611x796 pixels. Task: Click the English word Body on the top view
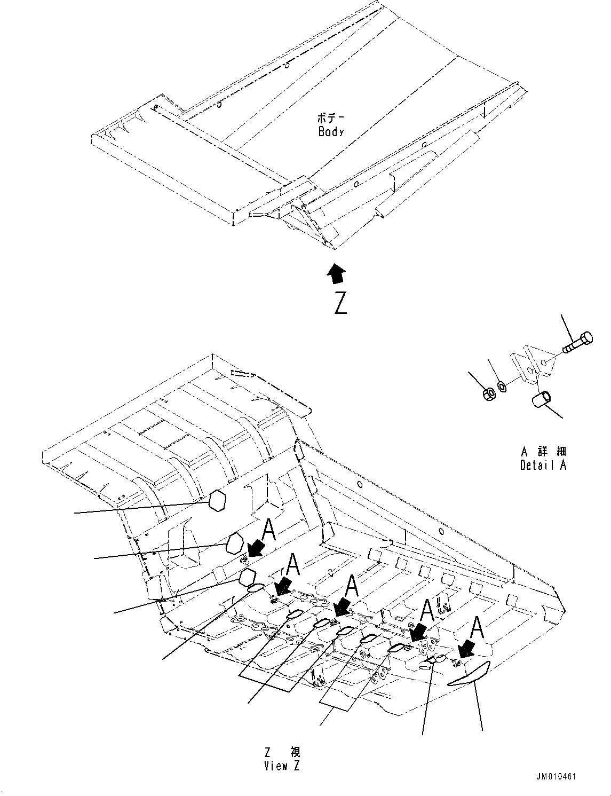coord(331,132)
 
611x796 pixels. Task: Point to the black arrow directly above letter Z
coord(336,273)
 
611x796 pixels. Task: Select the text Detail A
coord(543,465)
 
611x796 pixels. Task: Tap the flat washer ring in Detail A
coord(502,385)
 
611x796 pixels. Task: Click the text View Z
coord(282,766)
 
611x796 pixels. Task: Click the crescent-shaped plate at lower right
coord(469,673)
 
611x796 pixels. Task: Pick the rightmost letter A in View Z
coord(477,629)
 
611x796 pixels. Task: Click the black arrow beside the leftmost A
coord(257,547)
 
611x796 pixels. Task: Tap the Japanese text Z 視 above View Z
coord(282,752)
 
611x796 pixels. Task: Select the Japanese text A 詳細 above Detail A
coord(543,452)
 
